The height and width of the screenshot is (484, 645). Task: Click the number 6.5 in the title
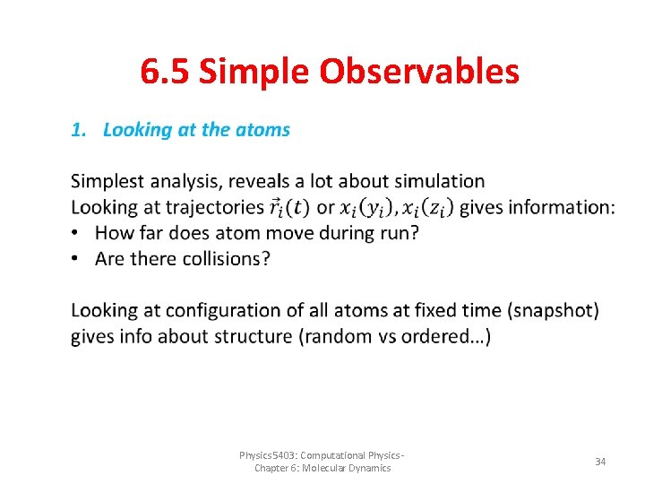166,72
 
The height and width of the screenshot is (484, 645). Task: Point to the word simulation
440,182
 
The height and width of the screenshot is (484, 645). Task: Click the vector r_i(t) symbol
289,207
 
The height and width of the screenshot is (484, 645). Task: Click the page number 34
600,461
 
